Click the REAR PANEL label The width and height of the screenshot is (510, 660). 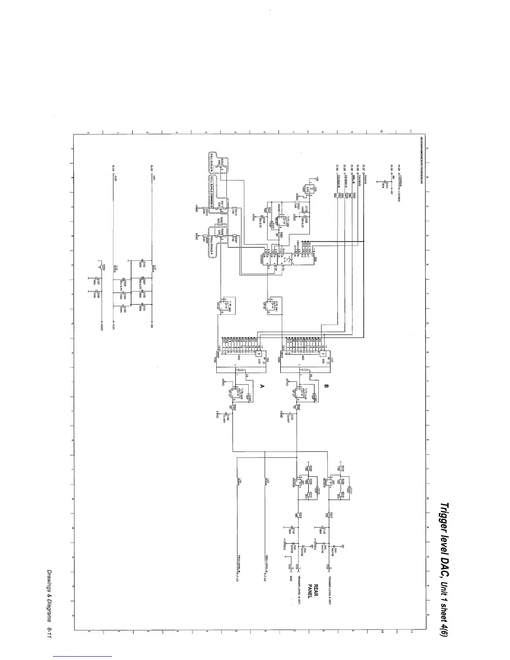pos(312,591)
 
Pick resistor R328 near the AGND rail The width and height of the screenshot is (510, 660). pos(100,267)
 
